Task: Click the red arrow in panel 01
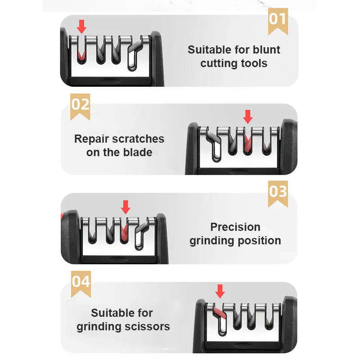tap(81, 27)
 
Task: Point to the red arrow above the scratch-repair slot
tap(247, 117)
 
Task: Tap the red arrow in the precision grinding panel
tap(126, 207)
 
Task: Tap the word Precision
tap(235, 227)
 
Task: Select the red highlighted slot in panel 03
tap(125, 233)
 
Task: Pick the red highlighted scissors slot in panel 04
tap(219, 313)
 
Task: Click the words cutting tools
tap(234, 63)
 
